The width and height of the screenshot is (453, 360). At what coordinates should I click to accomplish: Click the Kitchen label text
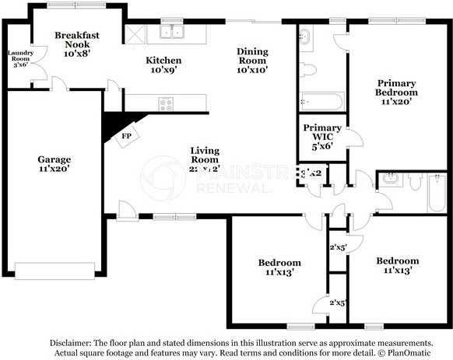tap(164, 60)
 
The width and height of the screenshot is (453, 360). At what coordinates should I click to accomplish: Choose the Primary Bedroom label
tap(397, 91)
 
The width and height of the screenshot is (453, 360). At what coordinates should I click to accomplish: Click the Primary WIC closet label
tap(322, 133)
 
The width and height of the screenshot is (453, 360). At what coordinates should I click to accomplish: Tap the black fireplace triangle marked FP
tap(116, 127)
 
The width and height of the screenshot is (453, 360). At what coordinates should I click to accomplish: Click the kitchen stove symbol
tap(166, 103)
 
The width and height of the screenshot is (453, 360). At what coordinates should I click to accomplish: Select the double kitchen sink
tap(171, 32)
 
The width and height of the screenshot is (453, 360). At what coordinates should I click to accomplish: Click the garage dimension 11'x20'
tap(54, 170)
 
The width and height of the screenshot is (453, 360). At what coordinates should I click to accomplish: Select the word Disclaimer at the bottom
tap(72, 342)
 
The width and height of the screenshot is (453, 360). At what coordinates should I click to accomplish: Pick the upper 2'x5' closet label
tap(337, 247)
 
